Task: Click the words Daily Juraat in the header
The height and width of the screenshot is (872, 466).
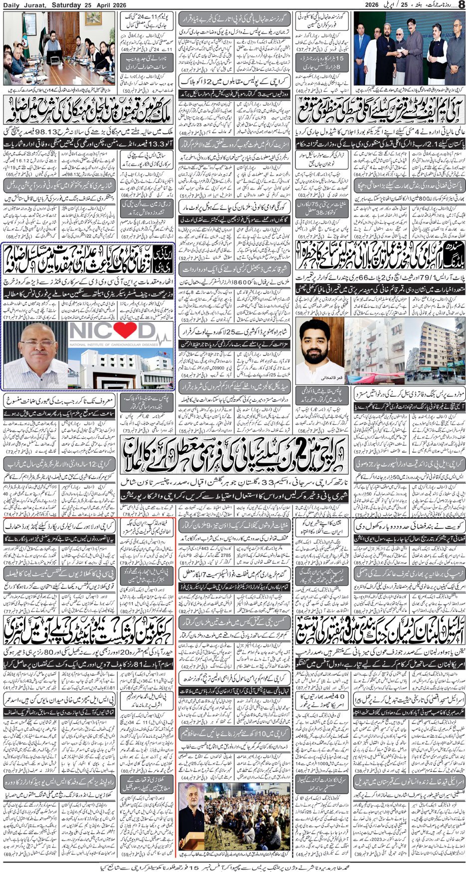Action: [24, 4]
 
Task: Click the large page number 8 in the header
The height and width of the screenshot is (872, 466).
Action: [461, 5]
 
